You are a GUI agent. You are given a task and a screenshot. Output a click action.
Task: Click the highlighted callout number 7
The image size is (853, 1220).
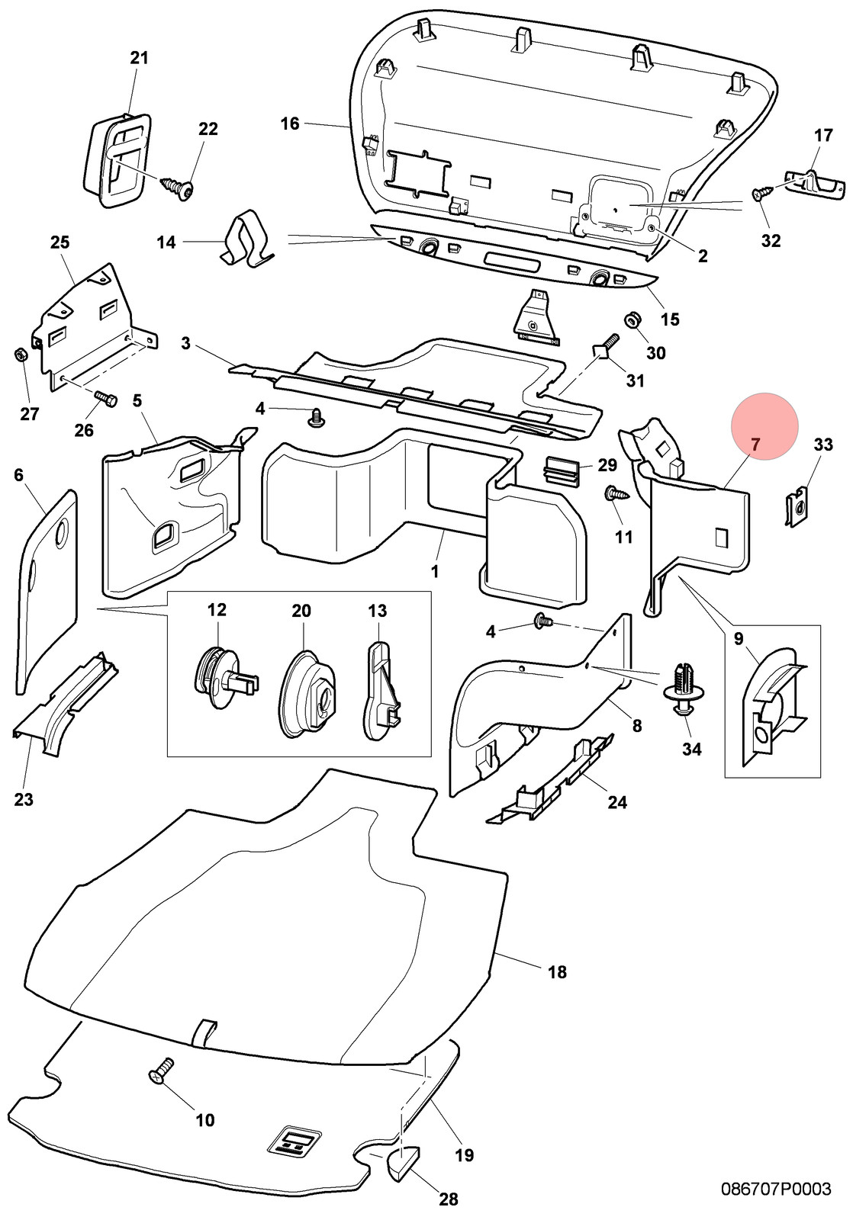tap(755, 445)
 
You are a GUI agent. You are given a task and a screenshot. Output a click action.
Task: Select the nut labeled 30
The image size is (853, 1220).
tap(633, 319)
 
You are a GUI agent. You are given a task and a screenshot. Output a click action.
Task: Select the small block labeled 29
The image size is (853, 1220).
tap(562, 468)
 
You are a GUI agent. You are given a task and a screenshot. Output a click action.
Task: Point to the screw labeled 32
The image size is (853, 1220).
tap(762, 194)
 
